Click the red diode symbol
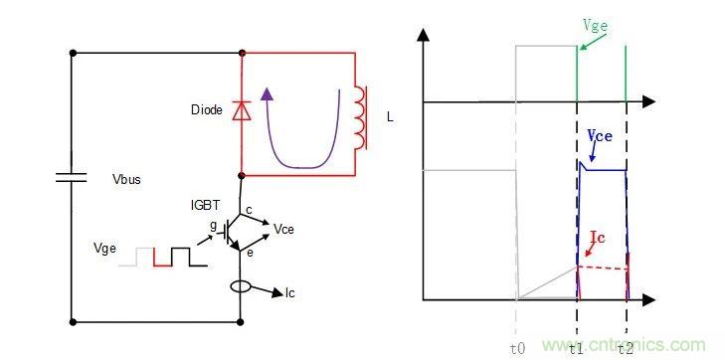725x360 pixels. click(242, 111)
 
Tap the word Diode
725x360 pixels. click(207, 110)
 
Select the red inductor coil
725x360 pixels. click(361, 117)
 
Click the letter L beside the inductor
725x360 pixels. click(390, 117)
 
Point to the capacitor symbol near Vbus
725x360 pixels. click(72, 177)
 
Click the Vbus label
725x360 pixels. click(126, 180)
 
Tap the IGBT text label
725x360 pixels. click(206, 204)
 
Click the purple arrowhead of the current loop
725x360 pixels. click(266, 94)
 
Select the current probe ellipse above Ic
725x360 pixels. click(241, 287)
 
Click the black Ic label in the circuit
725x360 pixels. click(290, 293)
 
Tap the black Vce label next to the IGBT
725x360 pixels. click(283, 229)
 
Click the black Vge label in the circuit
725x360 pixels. click(104, 249)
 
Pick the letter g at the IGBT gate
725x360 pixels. click(213, 225)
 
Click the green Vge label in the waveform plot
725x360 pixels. click(595, 26)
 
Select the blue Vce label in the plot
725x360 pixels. click(600, 135)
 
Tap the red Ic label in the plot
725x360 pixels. click(598, 238)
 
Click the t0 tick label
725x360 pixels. click(517, 348)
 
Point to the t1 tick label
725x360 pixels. click(576, 348)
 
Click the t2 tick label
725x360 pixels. click(627, 348)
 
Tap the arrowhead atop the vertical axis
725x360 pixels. click(423, 34)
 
